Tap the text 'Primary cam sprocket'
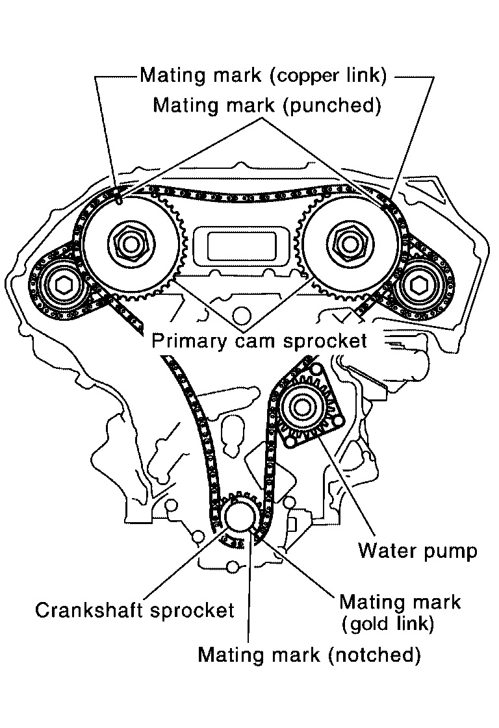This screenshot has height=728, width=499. point(259,340)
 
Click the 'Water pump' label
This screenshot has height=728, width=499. point(417,551)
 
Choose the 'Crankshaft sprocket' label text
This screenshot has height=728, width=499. point(134,611)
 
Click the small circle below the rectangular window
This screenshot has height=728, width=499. point(242,316)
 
